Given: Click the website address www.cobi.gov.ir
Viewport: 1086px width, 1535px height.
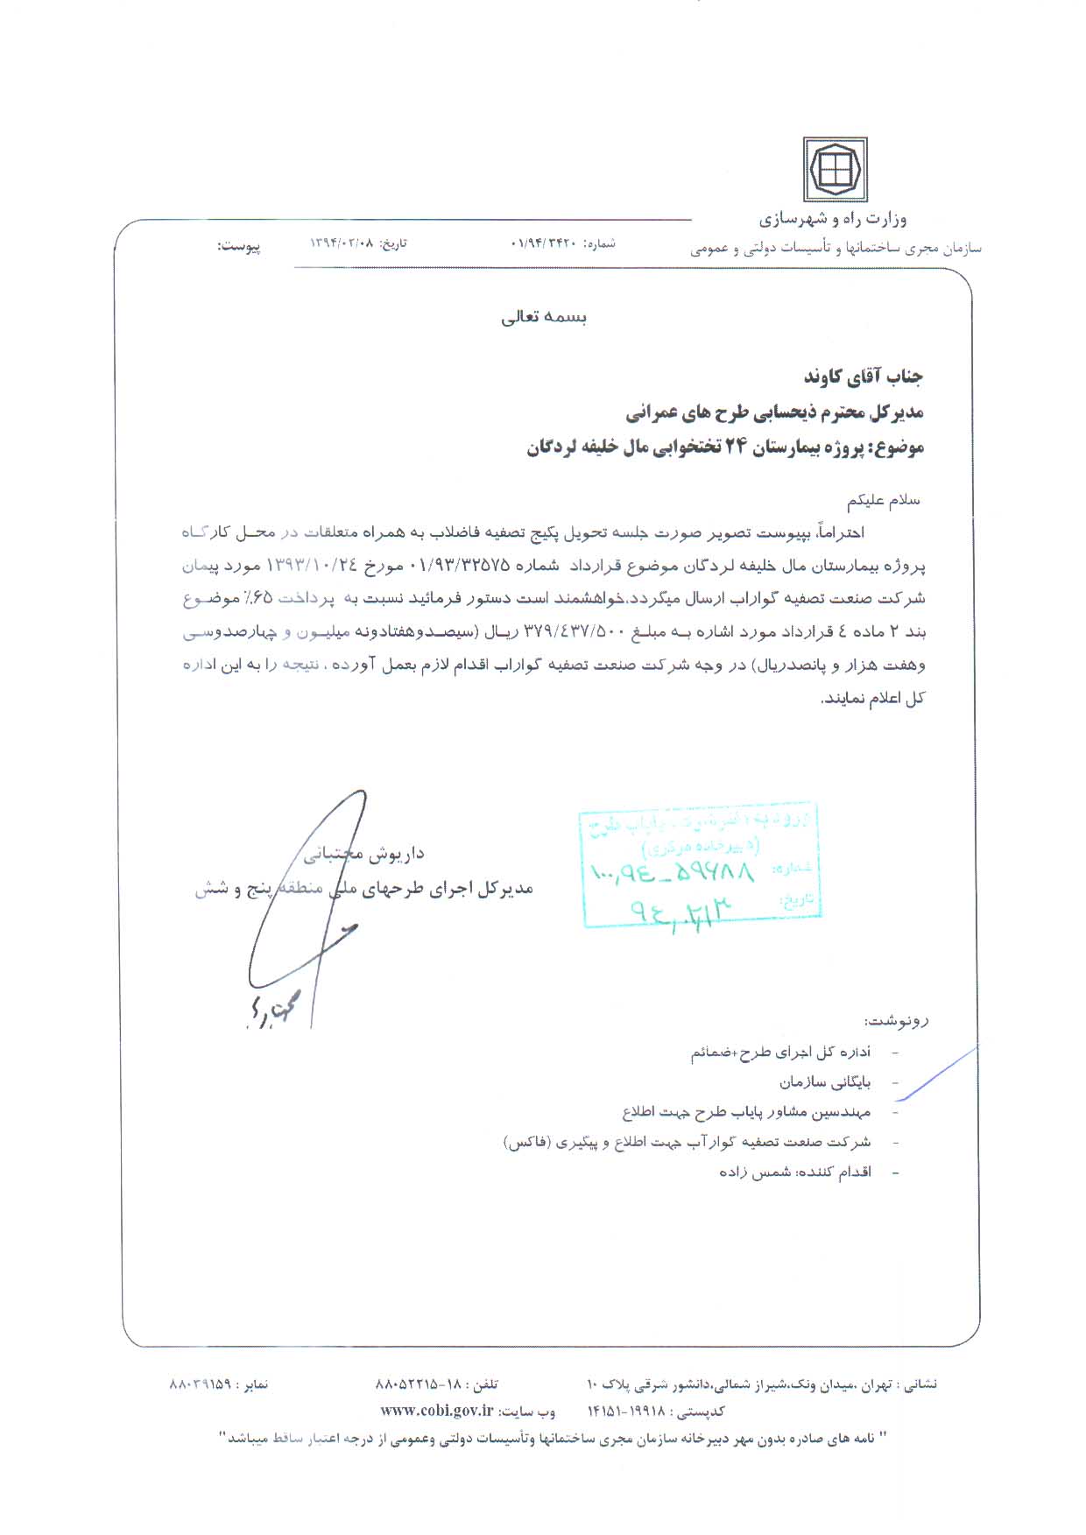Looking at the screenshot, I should [x=436, y=1411].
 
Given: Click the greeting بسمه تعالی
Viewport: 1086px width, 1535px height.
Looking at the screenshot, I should [x=544, y=317].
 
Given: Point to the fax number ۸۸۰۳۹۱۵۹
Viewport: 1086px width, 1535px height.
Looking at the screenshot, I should [x=200, y=1384].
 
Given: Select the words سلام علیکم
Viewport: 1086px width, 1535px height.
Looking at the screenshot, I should [x=884, y=501].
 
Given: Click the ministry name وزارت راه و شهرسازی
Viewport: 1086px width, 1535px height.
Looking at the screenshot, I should [x=833, y=219].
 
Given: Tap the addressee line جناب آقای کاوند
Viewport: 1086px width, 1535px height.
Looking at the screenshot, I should [x=864, y=377].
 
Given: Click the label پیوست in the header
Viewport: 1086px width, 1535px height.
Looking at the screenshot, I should [x=239, y=246].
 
